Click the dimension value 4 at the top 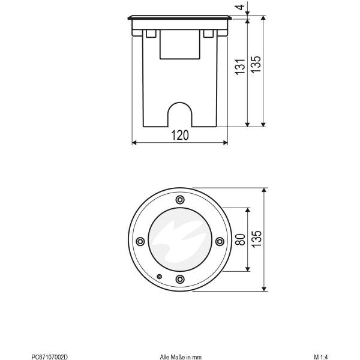click(257, 8)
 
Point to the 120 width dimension click(179, 136)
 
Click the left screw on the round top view click(140, 241)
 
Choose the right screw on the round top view click(219, 241)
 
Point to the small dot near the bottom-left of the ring click(158, 277)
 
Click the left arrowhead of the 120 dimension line click(133, 143)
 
